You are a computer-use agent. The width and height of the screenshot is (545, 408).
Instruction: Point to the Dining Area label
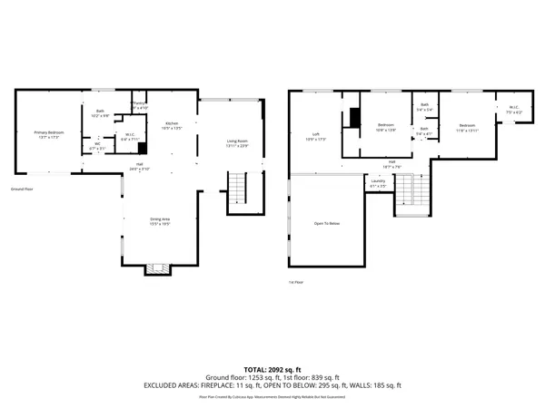[x=160, y=220]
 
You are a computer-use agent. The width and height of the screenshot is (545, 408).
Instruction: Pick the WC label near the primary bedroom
[x=97, y=145]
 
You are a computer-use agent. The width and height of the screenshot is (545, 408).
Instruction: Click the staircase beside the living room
[x=236, y=189]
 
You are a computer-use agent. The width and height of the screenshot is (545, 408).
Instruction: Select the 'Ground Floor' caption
[x=23, y=189]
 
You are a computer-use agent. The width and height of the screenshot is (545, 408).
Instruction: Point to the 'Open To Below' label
[x=327, y=223]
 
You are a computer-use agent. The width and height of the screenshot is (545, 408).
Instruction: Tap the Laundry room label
[x=378, y=183]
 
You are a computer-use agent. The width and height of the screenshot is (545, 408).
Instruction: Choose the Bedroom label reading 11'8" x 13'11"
[x=467, y=126]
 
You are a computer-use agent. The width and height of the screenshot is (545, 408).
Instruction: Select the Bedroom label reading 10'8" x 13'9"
[x=386, y=127]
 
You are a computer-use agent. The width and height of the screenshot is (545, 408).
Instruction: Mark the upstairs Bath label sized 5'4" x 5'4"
[x=424, y=107]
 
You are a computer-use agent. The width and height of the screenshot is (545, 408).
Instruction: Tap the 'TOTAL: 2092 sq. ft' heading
[x=272, y=369]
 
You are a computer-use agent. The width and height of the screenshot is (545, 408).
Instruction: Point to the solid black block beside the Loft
[x=356, y=120]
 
